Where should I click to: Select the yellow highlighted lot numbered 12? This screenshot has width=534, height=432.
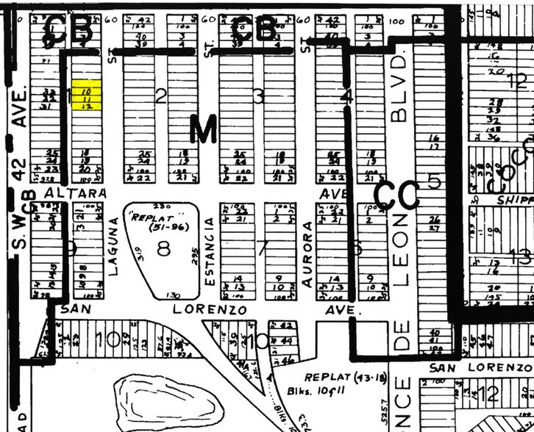pos(87,106)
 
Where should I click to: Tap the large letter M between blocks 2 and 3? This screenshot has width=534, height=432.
pos(204,130)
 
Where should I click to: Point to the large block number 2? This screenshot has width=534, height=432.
pos(161,95)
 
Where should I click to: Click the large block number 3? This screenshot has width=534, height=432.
pos(257,96)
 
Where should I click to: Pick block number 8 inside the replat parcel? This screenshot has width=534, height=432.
pos(163,248)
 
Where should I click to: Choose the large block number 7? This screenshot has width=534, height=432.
pos(261,248)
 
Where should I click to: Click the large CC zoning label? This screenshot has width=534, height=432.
pos(396,195)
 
